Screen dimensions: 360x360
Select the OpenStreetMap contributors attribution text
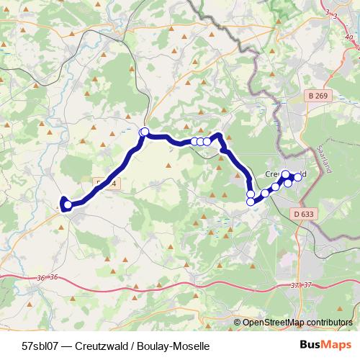pyautogui.click(x=297, y=323)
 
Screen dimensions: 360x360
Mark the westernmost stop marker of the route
pyautogui.click(x=66, y=204)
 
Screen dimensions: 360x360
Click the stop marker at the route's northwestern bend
pyautogui.click(x=144, y=132)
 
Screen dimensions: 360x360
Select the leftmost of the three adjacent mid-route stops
pyautogui.click(x=194, y=142)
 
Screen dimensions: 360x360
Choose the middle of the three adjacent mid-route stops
pyautogui.click(x=201, y=142)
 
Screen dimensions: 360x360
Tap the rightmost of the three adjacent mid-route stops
pyautogui.click(x=207, y=142)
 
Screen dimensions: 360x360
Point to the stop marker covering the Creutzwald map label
pyautogui.click(x=285, y=174)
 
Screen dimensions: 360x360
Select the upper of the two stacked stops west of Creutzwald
pyautogui.click(x=251, y=194)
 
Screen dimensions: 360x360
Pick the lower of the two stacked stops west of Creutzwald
pyautogui.click(x=251, y=202)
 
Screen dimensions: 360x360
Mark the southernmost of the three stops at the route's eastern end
pyautogui.click(x=289, y=183)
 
